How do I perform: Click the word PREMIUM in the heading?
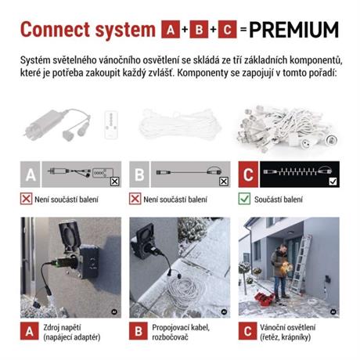tap(294, 30)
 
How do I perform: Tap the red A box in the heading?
tap(171, 29)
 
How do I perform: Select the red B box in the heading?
tap(199, 29)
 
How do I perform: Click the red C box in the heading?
tap(227, 29)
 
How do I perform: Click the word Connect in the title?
tap(55, 30)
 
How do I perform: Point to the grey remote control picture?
tap(111, 124)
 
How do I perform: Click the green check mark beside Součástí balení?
tap(244, 199)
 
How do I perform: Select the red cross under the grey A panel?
tap(26, 199)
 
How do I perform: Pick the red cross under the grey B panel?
tap(135, 199)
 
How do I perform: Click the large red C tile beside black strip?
tap(248, 175)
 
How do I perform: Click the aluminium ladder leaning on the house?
tap(301, 264)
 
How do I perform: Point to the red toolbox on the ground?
tap(265, 299)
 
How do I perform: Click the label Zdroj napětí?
tap(62, 327)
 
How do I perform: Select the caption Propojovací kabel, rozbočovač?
tap(181, 333)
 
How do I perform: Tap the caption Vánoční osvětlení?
tap(287, 327)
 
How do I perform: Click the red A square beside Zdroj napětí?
tap(30, 331)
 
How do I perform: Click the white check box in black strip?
tap(333, 181)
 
